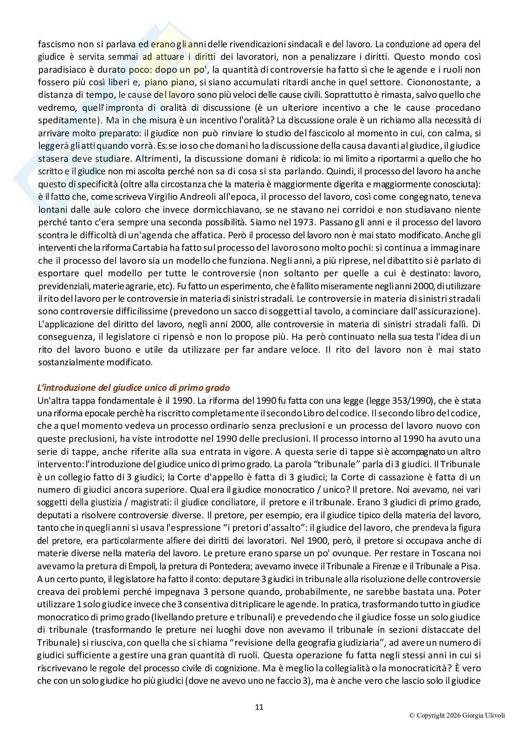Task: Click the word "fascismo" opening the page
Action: pyautogui.click(x=52, y=45)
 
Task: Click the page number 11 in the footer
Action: pyautogui.click(x=259, y=707)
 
